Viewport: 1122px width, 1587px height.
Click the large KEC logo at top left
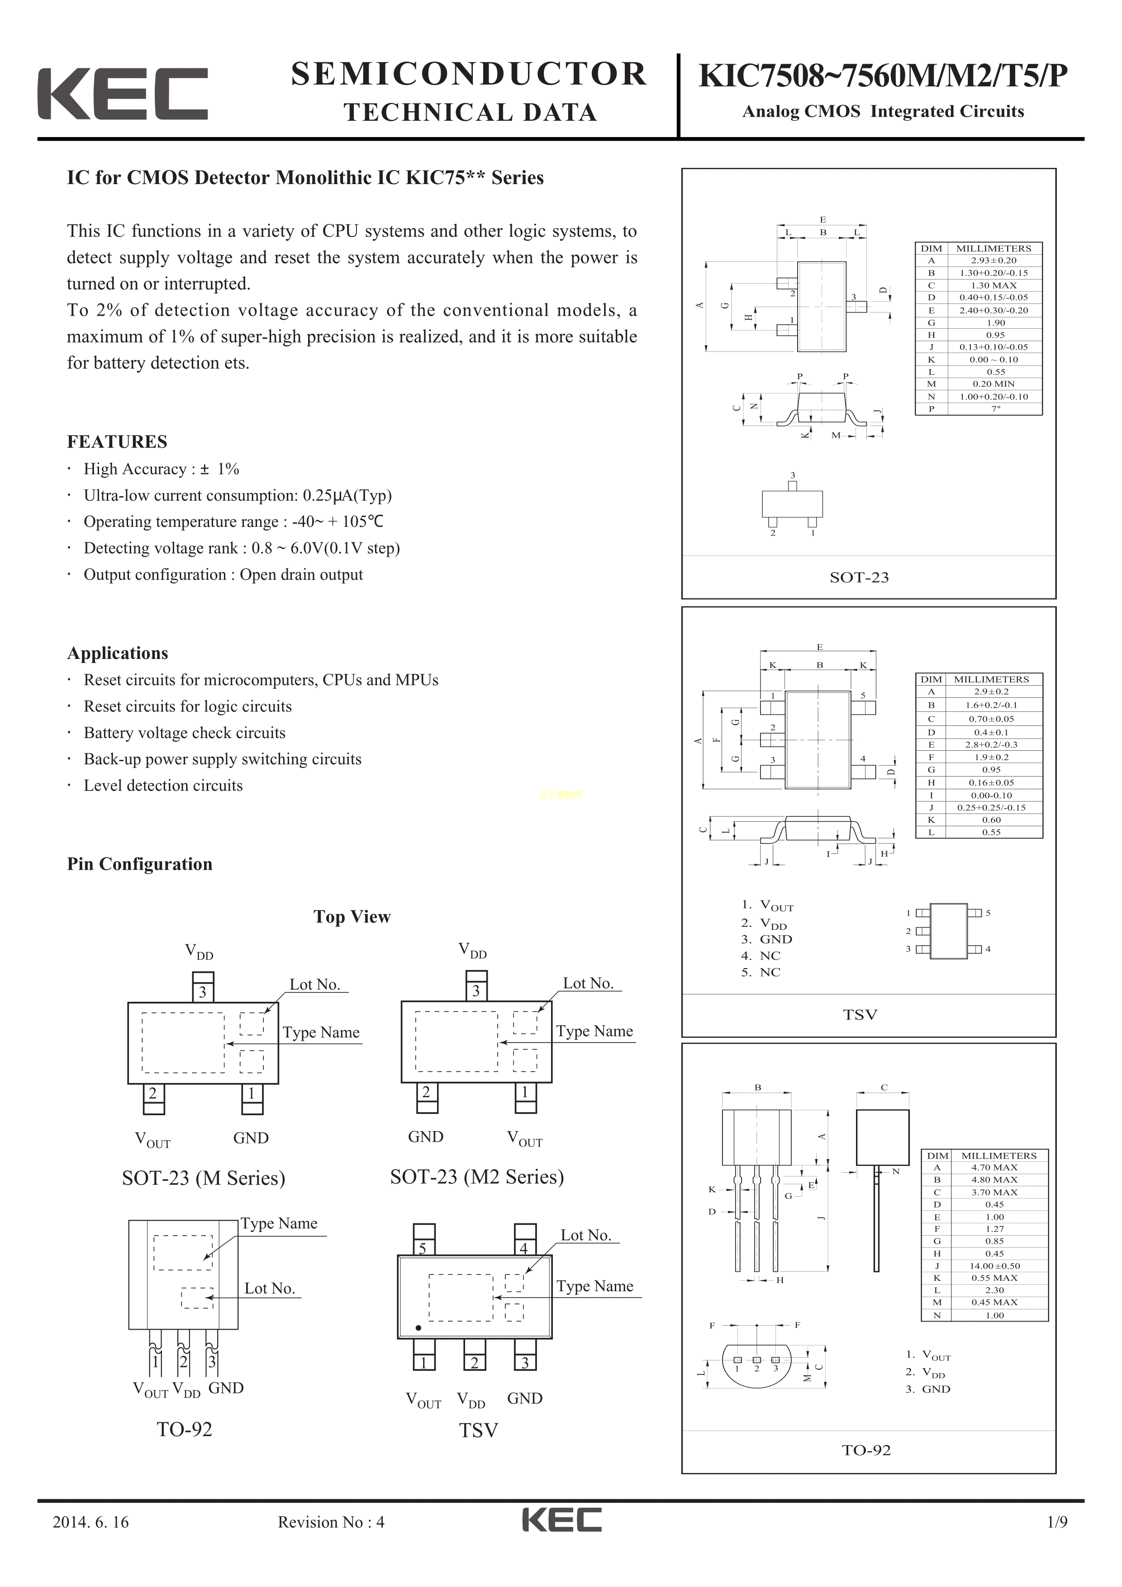(x=122, y=94)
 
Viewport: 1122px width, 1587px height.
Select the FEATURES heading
(x=117, y=442)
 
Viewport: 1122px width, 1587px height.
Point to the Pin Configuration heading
(x=140, y=864)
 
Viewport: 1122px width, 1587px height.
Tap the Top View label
(x=352, y=917)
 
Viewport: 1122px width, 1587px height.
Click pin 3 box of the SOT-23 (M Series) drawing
(x=203, y=992)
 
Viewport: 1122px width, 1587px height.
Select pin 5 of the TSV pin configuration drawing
(x=423, y=1248)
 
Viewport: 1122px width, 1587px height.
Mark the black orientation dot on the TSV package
(x=418, y=1328)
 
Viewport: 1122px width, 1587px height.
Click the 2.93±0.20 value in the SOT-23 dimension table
(x=994, y=261)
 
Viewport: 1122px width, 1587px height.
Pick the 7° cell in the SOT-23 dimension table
(x=995, y=408)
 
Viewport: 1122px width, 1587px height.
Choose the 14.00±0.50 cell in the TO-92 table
(x=994, y=1265)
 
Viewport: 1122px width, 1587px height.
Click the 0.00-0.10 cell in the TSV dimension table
(x=991, y=795)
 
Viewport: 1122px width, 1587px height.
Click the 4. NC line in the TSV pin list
(x=761, y=956)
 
